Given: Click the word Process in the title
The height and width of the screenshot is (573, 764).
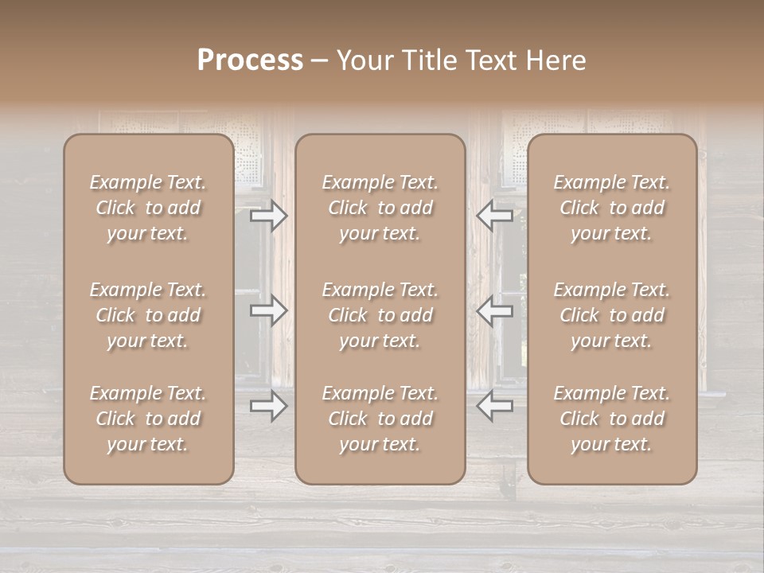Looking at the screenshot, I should [250, 60].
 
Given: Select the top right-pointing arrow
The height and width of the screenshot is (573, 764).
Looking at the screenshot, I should [269, 215].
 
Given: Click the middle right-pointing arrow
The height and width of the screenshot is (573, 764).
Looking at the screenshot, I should [269, 311].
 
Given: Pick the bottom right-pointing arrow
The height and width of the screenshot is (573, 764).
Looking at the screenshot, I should [269, 406].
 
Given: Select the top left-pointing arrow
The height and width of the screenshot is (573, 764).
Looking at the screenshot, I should [495, 215].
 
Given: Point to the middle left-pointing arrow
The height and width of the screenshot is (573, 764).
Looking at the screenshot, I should [495, 311].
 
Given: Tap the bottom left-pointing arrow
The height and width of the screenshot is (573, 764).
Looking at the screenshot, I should [495, 406].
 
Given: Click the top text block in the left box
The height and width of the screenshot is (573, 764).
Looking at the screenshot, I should [148, 208].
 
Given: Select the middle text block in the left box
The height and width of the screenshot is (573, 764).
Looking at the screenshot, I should [148, 315].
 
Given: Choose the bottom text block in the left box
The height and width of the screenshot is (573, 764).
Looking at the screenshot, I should [148, 419].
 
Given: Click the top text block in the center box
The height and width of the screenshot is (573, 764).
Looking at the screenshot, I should [380, 208].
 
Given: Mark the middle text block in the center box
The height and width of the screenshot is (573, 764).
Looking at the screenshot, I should [380, 315].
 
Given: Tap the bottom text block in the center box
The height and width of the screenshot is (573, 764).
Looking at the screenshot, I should [380, 419].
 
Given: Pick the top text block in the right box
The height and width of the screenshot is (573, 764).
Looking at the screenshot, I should [611, 208].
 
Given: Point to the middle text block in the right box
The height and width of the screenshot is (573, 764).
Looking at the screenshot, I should [611, 315].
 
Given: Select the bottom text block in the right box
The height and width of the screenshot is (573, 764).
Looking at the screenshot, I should [611, 419].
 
